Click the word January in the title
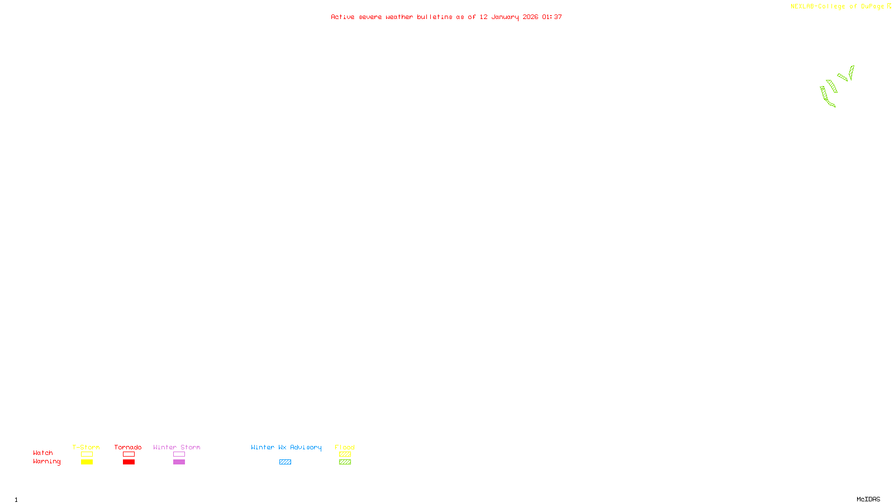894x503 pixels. coord(505,17)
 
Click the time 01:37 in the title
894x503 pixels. coord(552,17)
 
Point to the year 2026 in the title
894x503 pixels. coord(530,17)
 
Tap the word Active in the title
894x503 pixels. coord(343,17)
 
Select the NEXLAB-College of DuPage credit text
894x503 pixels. coord(837,7)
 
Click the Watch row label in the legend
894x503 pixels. coord(43,453)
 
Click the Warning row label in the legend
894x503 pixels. coord(47,462)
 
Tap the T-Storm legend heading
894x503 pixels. coord(86,447)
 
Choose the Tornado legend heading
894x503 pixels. coord(128,447)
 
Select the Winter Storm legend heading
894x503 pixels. coord(177,447)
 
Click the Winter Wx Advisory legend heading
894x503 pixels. coord(286,447)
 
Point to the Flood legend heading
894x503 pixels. coord(345,447)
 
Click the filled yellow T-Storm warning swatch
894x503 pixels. coord(87,462)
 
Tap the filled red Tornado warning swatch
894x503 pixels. coord(129,462)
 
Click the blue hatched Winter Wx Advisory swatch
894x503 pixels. coord(285,462)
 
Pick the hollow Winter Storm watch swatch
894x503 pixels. coord(179,454)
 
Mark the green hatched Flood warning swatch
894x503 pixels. coord(345,462)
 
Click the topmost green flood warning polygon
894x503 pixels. coord(852,72)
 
